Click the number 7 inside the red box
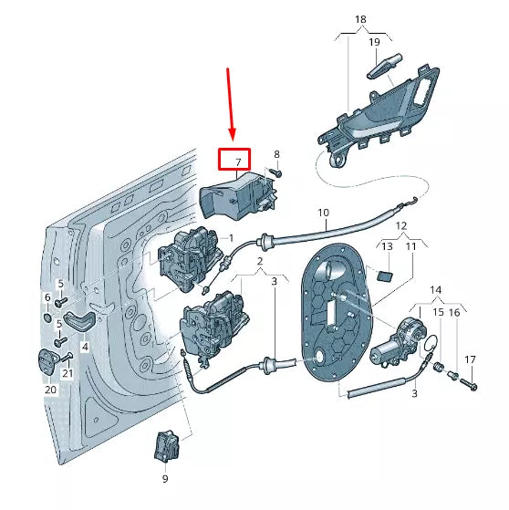[x=239, y=162]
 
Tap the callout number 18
[x=360, y=19]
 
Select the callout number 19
[x=374, y=42]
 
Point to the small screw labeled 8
[x=277, y=172]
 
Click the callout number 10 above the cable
[x=323, y=213]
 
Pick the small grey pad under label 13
[x=385, y=276]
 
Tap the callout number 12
[x=401, y=224]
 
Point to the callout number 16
[x=455, y=313]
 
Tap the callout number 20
[x=51, y=389]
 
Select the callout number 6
[x=47, y=297]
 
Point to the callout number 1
[x=232, y=238]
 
